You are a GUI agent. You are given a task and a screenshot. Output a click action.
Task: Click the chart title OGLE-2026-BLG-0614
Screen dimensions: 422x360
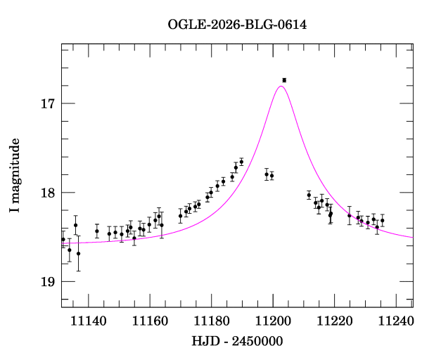click(x=237, y=25)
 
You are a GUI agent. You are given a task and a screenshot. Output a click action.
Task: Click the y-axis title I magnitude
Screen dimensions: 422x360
click(x=14, y=175)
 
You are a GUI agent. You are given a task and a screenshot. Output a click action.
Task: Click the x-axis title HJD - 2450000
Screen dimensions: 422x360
click(x=237, y=341)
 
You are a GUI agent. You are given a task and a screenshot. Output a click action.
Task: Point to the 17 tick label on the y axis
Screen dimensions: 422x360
click(x=48, y=103)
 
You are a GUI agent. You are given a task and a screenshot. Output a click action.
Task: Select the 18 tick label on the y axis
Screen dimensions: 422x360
click(x=48, y=193)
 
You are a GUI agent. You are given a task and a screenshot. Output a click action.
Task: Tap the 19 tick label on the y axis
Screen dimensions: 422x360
click(x=48, y=282)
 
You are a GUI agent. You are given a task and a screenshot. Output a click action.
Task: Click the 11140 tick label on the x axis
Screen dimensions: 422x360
click(x=89, y=321)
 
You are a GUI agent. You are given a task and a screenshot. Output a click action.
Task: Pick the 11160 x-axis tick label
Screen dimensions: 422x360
click(x=150, y=321)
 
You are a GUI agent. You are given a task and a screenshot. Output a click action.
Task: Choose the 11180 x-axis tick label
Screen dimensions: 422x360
click(x=212, y=321)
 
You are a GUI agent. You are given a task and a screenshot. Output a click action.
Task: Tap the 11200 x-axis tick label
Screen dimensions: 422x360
click(x=273, y=321)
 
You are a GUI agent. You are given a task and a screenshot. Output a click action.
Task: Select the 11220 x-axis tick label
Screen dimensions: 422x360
click(x=335, y=321)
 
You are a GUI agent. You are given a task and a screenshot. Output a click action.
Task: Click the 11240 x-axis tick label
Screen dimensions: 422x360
click(x=396, y=321)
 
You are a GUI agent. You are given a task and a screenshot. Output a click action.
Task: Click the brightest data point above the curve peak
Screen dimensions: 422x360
click(x=284, y=80)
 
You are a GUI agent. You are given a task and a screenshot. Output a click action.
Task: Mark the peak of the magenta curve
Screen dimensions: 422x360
click(x=281, y=86)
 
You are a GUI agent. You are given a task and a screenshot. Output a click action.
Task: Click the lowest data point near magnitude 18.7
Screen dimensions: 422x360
click(x=78, y=253)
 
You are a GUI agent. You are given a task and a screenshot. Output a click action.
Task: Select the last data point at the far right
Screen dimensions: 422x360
click(x=382, y=220)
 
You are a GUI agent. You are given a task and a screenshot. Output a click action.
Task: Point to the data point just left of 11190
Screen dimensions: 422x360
click(x=241, y=162)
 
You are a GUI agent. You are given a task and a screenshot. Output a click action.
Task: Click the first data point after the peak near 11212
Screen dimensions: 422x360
click(x=309, y=195)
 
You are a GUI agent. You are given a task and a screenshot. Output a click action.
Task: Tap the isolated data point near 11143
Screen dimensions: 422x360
click(x=97, y=231)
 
